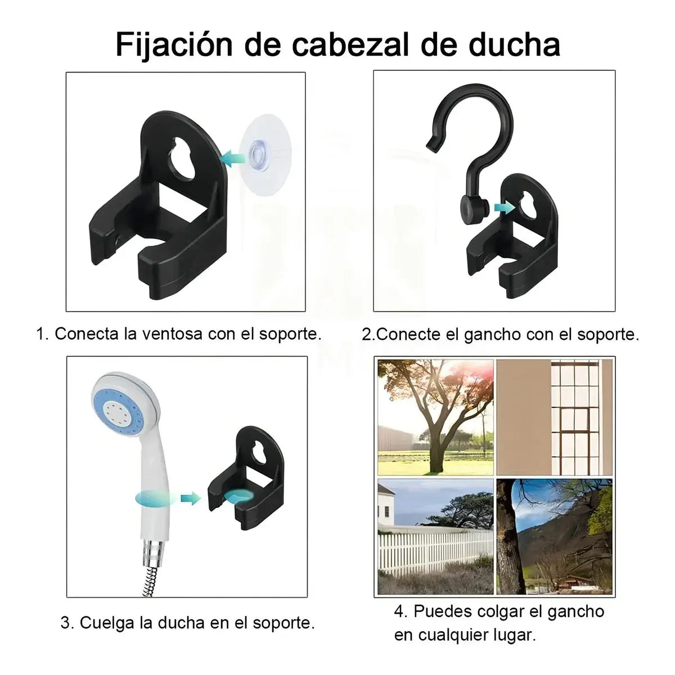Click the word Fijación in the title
174,45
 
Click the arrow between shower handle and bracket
191,498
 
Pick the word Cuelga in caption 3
107,623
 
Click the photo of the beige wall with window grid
554,417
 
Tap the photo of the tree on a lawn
435,417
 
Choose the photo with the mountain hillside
554,536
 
